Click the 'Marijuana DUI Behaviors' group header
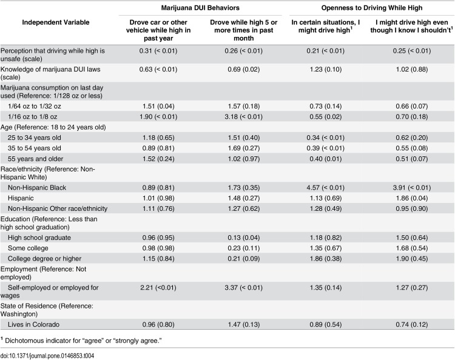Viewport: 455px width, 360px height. point(200,8)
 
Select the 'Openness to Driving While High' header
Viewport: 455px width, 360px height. point(372,8)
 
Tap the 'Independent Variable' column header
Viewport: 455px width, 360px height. point(56,22)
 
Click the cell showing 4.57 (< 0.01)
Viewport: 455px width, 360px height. point(325,187)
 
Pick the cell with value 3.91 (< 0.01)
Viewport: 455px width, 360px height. point(411,187)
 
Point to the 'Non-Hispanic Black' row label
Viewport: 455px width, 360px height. point(37,187)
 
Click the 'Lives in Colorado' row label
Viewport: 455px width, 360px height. point(33,324)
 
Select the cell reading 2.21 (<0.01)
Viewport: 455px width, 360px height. point(158,287)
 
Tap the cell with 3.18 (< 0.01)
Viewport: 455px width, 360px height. point(243,116)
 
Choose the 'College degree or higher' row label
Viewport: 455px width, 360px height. point(44,259)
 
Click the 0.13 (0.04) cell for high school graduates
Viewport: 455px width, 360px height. point(243,238)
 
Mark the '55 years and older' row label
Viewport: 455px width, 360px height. point(35,159)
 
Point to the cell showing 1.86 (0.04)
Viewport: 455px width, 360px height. point(411,198)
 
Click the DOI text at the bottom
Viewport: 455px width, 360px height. point(47,356)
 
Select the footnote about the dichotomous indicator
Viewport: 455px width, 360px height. point(81,341)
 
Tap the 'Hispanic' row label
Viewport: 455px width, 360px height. point(21,198)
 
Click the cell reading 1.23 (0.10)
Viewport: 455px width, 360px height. point(325,69)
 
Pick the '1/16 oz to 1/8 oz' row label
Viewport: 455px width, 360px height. point(33,116)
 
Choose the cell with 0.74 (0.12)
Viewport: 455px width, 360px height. point(411,324)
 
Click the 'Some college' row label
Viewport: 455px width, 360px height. point(28,248)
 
